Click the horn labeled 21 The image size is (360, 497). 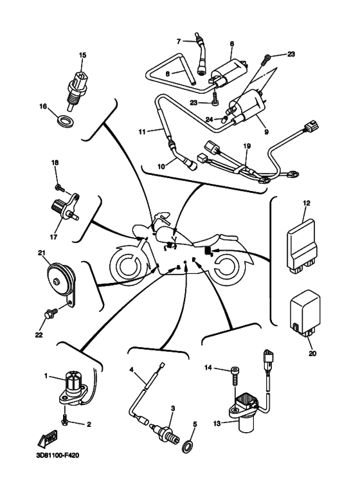tap(61, 279)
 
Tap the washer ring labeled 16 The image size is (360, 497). tap(66, 120)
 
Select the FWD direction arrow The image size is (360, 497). tap(48, 439)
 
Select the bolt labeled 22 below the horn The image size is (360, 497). tap(50, 315)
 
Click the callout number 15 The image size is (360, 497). tap(82, 55)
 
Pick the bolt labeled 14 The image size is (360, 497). tap(235, 375)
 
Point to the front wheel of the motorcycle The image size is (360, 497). tap(128, 263)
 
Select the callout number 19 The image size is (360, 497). tap(248, 146)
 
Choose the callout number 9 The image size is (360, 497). tap(267, 132)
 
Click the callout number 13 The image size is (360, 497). tap(217, 423)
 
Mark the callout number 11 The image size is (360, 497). tap(142, 132)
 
